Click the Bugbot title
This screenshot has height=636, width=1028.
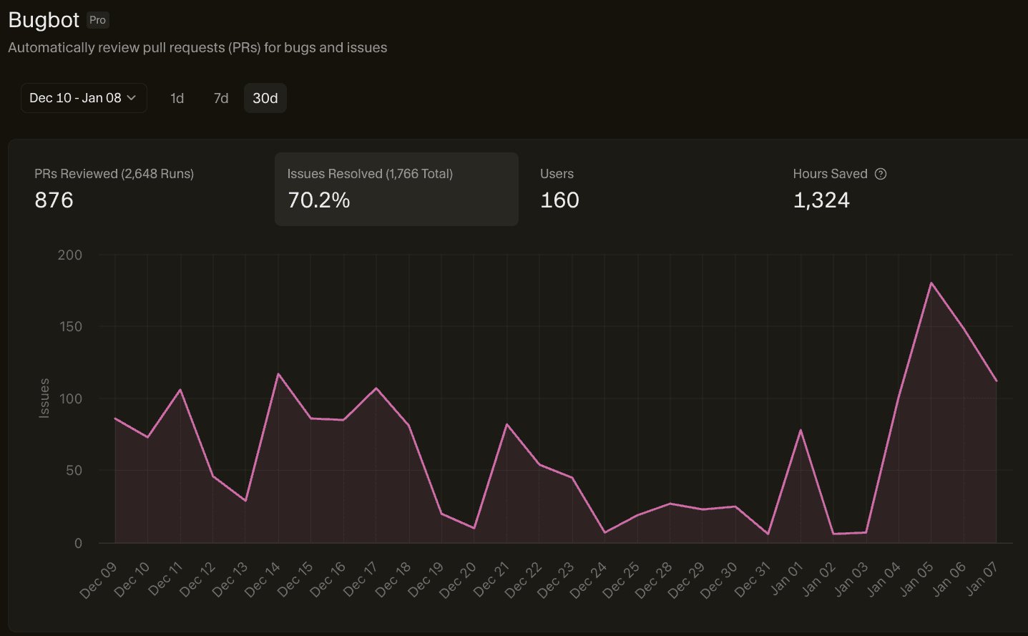44,20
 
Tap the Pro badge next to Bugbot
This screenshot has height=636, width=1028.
97,20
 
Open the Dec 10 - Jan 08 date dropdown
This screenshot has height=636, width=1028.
83,98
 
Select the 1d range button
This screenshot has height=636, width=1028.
177,98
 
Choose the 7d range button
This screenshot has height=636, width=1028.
221,98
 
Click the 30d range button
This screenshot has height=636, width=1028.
265,98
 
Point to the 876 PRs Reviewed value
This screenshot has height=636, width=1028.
54,200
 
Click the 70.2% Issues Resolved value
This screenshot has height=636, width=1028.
318,200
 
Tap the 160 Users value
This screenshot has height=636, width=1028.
559,200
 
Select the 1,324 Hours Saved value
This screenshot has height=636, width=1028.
821,200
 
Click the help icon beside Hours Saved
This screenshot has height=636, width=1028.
881,174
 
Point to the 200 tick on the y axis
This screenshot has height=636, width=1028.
70,255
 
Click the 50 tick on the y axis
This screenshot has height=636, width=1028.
74,471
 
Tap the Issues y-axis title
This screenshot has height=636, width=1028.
44,398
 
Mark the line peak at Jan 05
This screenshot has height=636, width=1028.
931,283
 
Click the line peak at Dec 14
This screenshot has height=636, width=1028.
278,374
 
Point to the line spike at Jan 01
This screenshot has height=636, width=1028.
801,430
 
